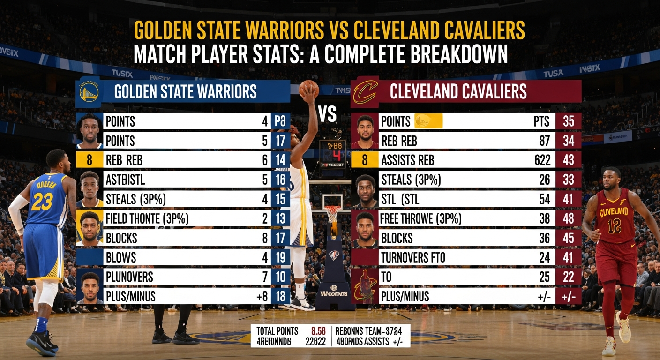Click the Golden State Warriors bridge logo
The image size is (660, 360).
(x=89, y=91)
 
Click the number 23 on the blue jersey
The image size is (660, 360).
(x=42, y=202)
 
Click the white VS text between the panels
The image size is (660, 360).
(x=328, y=114)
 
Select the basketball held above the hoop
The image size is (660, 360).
(x=308, y=89)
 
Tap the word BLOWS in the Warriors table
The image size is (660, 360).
(x=121, y=257)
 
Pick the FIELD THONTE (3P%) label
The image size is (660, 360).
(x=147, y=218)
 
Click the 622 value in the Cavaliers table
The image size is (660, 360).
(x=542, y=160)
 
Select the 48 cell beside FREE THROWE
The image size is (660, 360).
(x=568, y=218)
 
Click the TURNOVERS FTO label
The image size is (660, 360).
(x=413, y=257)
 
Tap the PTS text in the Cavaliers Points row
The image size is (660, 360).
(x=541, y=121)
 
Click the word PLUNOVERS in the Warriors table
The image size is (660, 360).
(x=129, y=276)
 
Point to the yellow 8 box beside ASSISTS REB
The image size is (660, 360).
(x=365, y=160)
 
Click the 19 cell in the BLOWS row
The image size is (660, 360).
(x=280, y=257)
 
